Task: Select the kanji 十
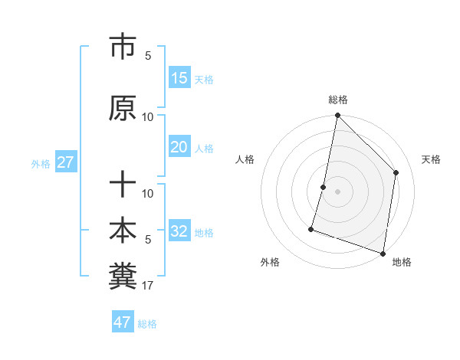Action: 123,185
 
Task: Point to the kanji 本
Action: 123,231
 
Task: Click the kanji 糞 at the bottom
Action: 123,275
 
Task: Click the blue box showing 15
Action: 179,78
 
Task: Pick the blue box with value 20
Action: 179,147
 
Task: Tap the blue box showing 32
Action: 179,231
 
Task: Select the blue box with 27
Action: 66,162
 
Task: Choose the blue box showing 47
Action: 123,322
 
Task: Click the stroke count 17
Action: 148,286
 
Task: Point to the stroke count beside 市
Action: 148,56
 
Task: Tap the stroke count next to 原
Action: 148,117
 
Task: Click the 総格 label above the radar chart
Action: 338,100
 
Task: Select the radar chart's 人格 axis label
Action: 245,159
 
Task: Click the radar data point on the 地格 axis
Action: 383,253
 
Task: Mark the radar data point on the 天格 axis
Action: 396,172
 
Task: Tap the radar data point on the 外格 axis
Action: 311,228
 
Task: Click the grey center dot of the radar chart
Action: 337,191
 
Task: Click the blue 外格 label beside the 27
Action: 41,163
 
